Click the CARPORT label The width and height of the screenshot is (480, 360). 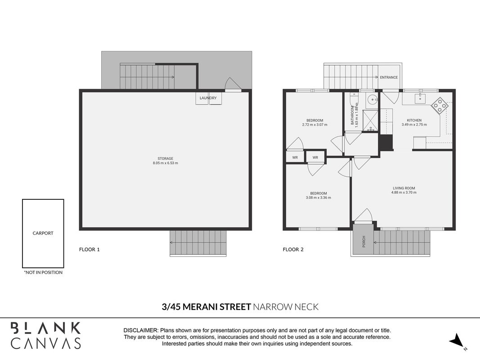(x=43, y=233)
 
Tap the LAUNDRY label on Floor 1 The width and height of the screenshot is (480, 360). (x=208, y=98)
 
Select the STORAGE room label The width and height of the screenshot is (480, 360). (x=165, y=158)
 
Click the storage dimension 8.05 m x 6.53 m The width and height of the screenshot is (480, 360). (x=165, y=163)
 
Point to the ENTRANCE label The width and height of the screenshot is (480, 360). (x=389, y=77)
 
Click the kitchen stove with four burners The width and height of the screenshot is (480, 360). (x=440, y=106)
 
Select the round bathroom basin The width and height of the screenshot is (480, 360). (x=372, y=99)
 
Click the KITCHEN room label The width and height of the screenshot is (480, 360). (x=414, y=120)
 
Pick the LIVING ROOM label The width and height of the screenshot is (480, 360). (x=404, y=188)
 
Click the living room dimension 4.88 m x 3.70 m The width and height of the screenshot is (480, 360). (x=404, y=193)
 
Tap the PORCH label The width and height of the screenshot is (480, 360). (x=363, y=242)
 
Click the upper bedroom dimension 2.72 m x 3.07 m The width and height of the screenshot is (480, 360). (x=315, y=125)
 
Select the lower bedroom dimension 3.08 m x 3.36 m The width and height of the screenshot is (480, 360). (x=319, y=198)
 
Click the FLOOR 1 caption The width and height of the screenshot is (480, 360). (x=90, y=249)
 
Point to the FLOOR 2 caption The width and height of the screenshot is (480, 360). (x=293, y=249)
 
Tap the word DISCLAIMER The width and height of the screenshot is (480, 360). (x=141, y=331)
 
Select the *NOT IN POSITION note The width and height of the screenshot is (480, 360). (x=43, y=272)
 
